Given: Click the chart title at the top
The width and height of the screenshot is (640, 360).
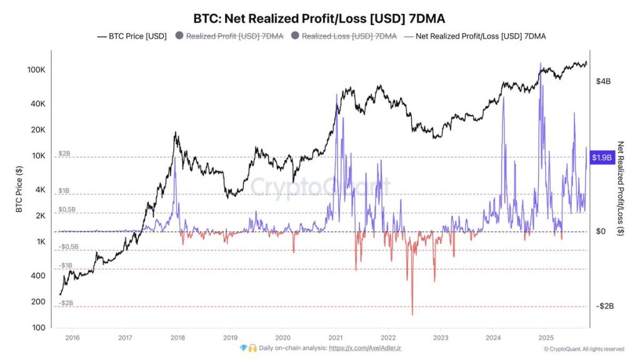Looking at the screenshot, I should coord(319,19).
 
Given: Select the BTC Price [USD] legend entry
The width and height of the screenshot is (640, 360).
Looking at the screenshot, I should coord(132,36).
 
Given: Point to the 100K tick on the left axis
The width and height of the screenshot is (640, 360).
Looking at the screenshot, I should coord(36,70).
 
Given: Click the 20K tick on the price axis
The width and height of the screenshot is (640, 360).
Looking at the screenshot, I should coord(37,130).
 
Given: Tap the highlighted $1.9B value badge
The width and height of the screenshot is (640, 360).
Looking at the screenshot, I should coord(601,158).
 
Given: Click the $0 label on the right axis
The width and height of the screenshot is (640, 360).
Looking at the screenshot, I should coord(601,232).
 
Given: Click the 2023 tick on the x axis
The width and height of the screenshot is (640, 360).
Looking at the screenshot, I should coord(440,337).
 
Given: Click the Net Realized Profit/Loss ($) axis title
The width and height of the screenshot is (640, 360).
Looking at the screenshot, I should coord(621,187).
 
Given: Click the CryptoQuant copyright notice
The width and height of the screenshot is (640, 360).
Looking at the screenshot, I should coord(583,349).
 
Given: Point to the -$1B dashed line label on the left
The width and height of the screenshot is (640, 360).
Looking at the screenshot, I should coord(66,266).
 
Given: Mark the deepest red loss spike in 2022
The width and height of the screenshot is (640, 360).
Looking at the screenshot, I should coord(412,313).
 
